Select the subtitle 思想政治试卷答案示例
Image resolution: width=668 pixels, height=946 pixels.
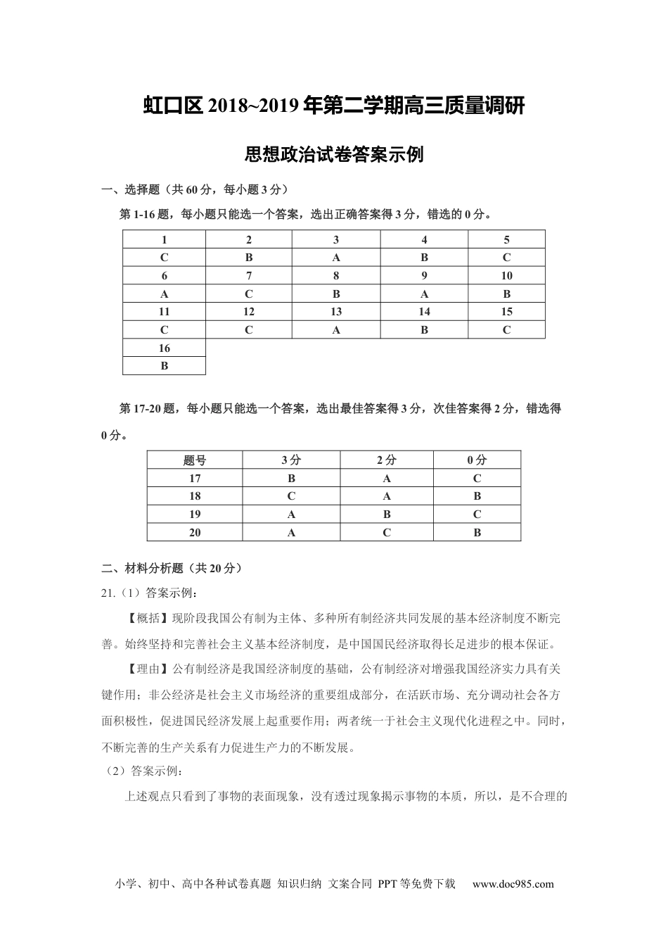click(x=333, y=154)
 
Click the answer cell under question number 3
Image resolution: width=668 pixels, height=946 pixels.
click(x=336, y=258)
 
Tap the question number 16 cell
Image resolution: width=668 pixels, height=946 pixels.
click(x=165, y=348)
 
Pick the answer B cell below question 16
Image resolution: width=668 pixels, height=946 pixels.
click(x=165, y=366)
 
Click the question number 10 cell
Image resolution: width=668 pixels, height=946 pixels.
click(x=506, y=276)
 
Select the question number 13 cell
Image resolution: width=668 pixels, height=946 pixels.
click(x=336, y=312)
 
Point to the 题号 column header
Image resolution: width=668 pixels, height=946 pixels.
click(x=195, y=460)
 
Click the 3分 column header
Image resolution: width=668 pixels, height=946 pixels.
click(x=291, y=460)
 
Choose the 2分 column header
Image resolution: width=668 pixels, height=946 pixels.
click(x=387, y=460)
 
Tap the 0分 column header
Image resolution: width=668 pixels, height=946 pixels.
click(x=477, y=460)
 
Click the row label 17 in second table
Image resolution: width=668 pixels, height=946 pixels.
click(x=195, y=479)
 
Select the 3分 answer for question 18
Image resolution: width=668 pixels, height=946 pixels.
click(x=291, y=496)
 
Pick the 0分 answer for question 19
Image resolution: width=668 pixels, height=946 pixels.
click(x=477, y=515)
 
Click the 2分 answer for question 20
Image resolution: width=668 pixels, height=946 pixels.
click(x=387, y=533)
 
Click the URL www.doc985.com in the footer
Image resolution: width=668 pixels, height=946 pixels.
click(x=513, y=885)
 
